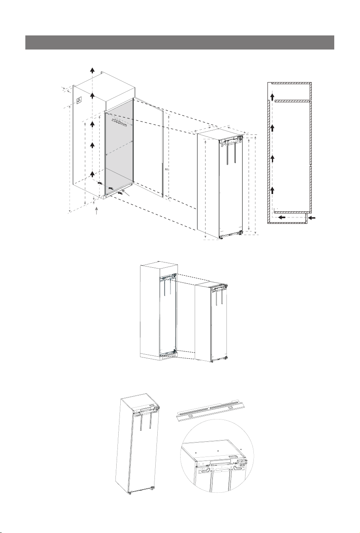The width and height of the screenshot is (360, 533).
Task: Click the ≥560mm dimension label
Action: pos(119,122)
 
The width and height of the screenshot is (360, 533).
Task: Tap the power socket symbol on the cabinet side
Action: pos(79,101)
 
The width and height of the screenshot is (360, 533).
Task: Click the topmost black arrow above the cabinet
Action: pos(93,70)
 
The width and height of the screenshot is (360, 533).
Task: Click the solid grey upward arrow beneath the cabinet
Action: pos(96,211)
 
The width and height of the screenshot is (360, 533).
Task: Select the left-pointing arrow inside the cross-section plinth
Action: pos(282,217)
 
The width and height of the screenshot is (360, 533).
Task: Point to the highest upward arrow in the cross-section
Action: pos(272,97)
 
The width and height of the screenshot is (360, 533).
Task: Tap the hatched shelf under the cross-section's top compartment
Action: pos(292,101)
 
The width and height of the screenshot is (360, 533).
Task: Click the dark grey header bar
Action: pos(179,42)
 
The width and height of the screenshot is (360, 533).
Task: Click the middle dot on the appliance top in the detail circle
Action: pos(218,450)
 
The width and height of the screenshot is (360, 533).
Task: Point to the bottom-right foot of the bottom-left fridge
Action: pos(152,489)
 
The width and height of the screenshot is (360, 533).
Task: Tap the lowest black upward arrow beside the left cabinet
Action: pos(93,174)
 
